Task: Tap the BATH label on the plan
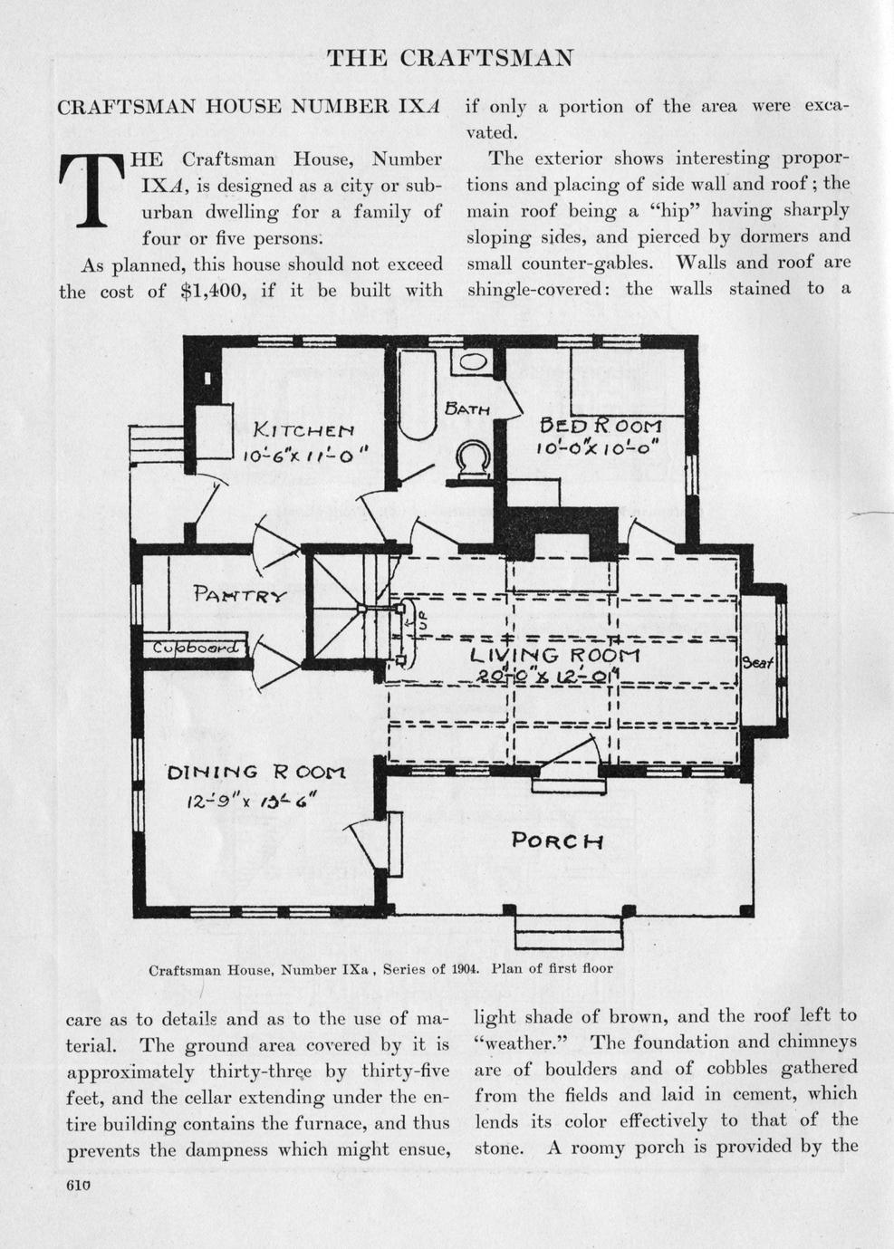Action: [x=467, y=409]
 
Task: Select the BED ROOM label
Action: [x=601, y=424]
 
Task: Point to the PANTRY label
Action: [x=239, y=595]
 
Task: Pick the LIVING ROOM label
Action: [x=554, y=654]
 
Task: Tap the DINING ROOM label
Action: [x=257, y=773]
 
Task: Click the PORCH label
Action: [x=557, y=840]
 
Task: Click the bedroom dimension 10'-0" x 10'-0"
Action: [x=596, y=447]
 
